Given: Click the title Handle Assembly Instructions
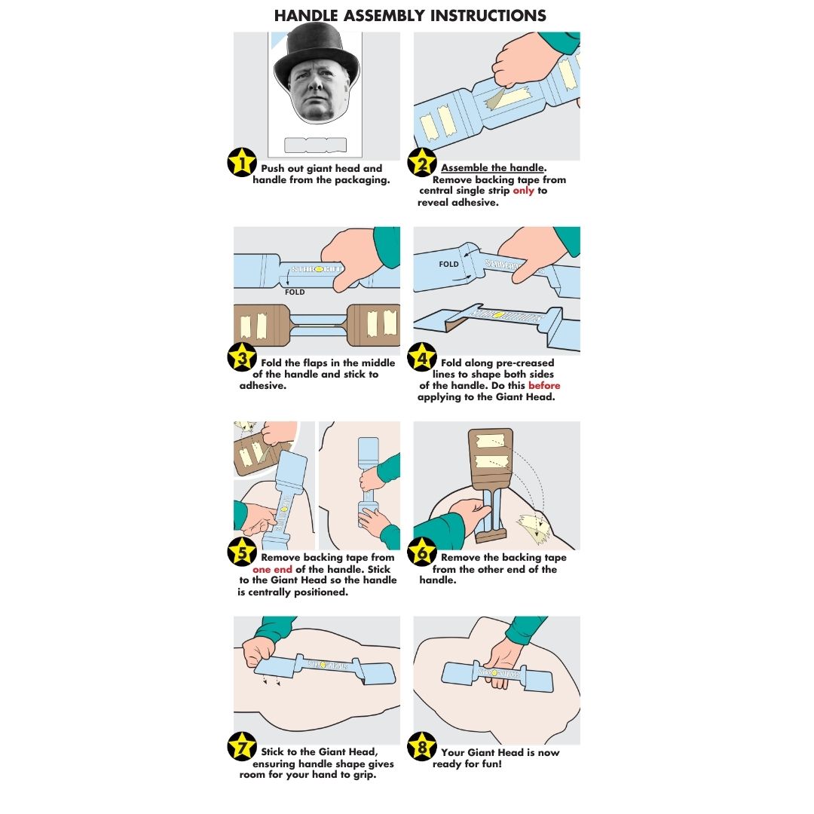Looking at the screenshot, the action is click(x=409, y=16).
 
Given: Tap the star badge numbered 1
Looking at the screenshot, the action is click(x=242, y=163).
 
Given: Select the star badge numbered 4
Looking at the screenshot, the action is click(x=422, y=357).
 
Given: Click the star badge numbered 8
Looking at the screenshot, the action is click(x=422, y=746).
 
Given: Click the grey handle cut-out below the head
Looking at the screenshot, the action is click(x=315, y=145).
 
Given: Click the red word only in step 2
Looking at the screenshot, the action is click(x=523, y=191).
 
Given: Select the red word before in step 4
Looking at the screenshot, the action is click(x=544, y=385).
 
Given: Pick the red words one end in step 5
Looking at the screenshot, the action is click(x=272, y=570).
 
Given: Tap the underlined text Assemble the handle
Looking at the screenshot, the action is click(x=493, y=167).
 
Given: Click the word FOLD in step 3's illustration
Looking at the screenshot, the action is click(x=295, y=292).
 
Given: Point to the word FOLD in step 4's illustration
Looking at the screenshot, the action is click(x=448, y=265).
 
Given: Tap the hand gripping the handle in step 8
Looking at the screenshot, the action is click(x=500, y=665).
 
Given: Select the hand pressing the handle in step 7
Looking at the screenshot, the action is click(x=259, y=652).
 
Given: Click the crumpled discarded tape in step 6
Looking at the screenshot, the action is click(x=533, y=528).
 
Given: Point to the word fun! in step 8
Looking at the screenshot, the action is click(x=491, y=764).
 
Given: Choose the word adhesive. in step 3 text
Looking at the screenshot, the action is click(x=263, y=386).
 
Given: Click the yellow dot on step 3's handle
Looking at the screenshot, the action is click(x=320, y=269).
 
